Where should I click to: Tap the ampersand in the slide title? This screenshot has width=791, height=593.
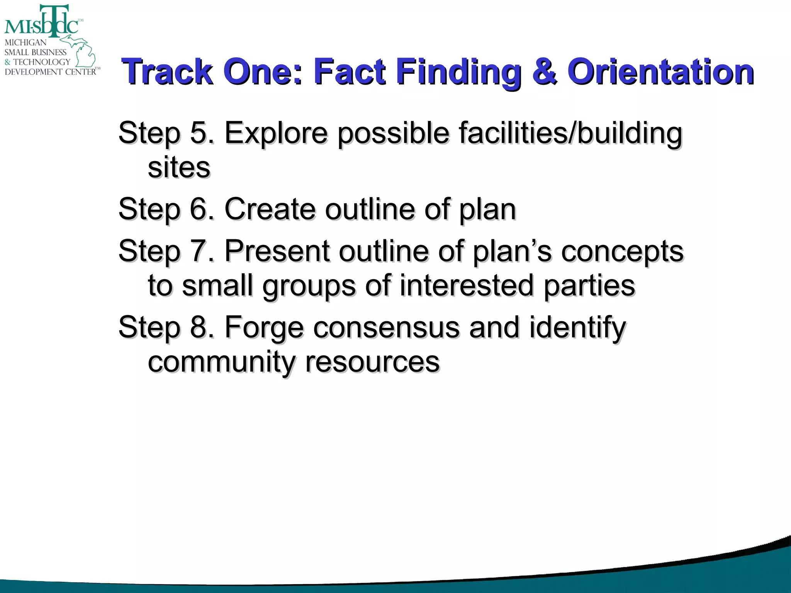coord(545,72)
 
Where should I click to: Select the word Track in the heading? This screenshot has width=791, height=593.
coord(167,72)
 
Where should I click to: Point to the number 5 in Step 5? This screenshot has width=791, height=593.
coord(199,133)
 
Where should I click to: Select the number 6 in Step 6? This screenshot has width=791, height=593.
coord(199,209)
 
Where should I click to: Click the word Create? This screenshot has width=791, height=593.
coord(270,209)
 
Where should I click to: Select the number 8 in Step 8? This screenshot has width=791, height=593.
coord(199,327)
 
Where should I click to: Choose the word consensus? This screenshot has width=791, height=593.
coord(386,327)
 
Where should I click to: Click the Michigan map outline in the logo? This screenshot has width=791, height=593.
coord(83,52)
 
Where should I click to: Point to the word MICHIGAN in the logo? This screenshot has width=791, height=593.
coord(25,42)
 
